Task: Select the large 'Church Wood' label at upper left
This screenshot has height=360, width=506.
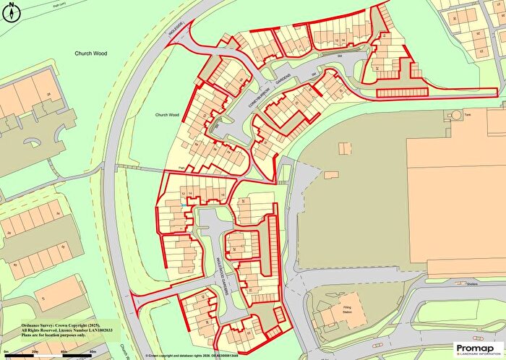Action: pos(91,53)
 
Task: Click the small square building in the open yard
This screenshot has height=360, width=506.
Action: pos(332,174)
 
